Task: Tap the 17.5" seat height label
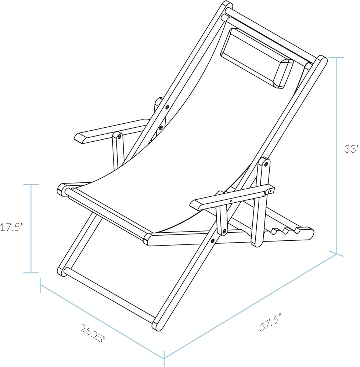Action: click(12, 227)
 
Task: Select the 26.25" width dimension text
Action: click(93, 333)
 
